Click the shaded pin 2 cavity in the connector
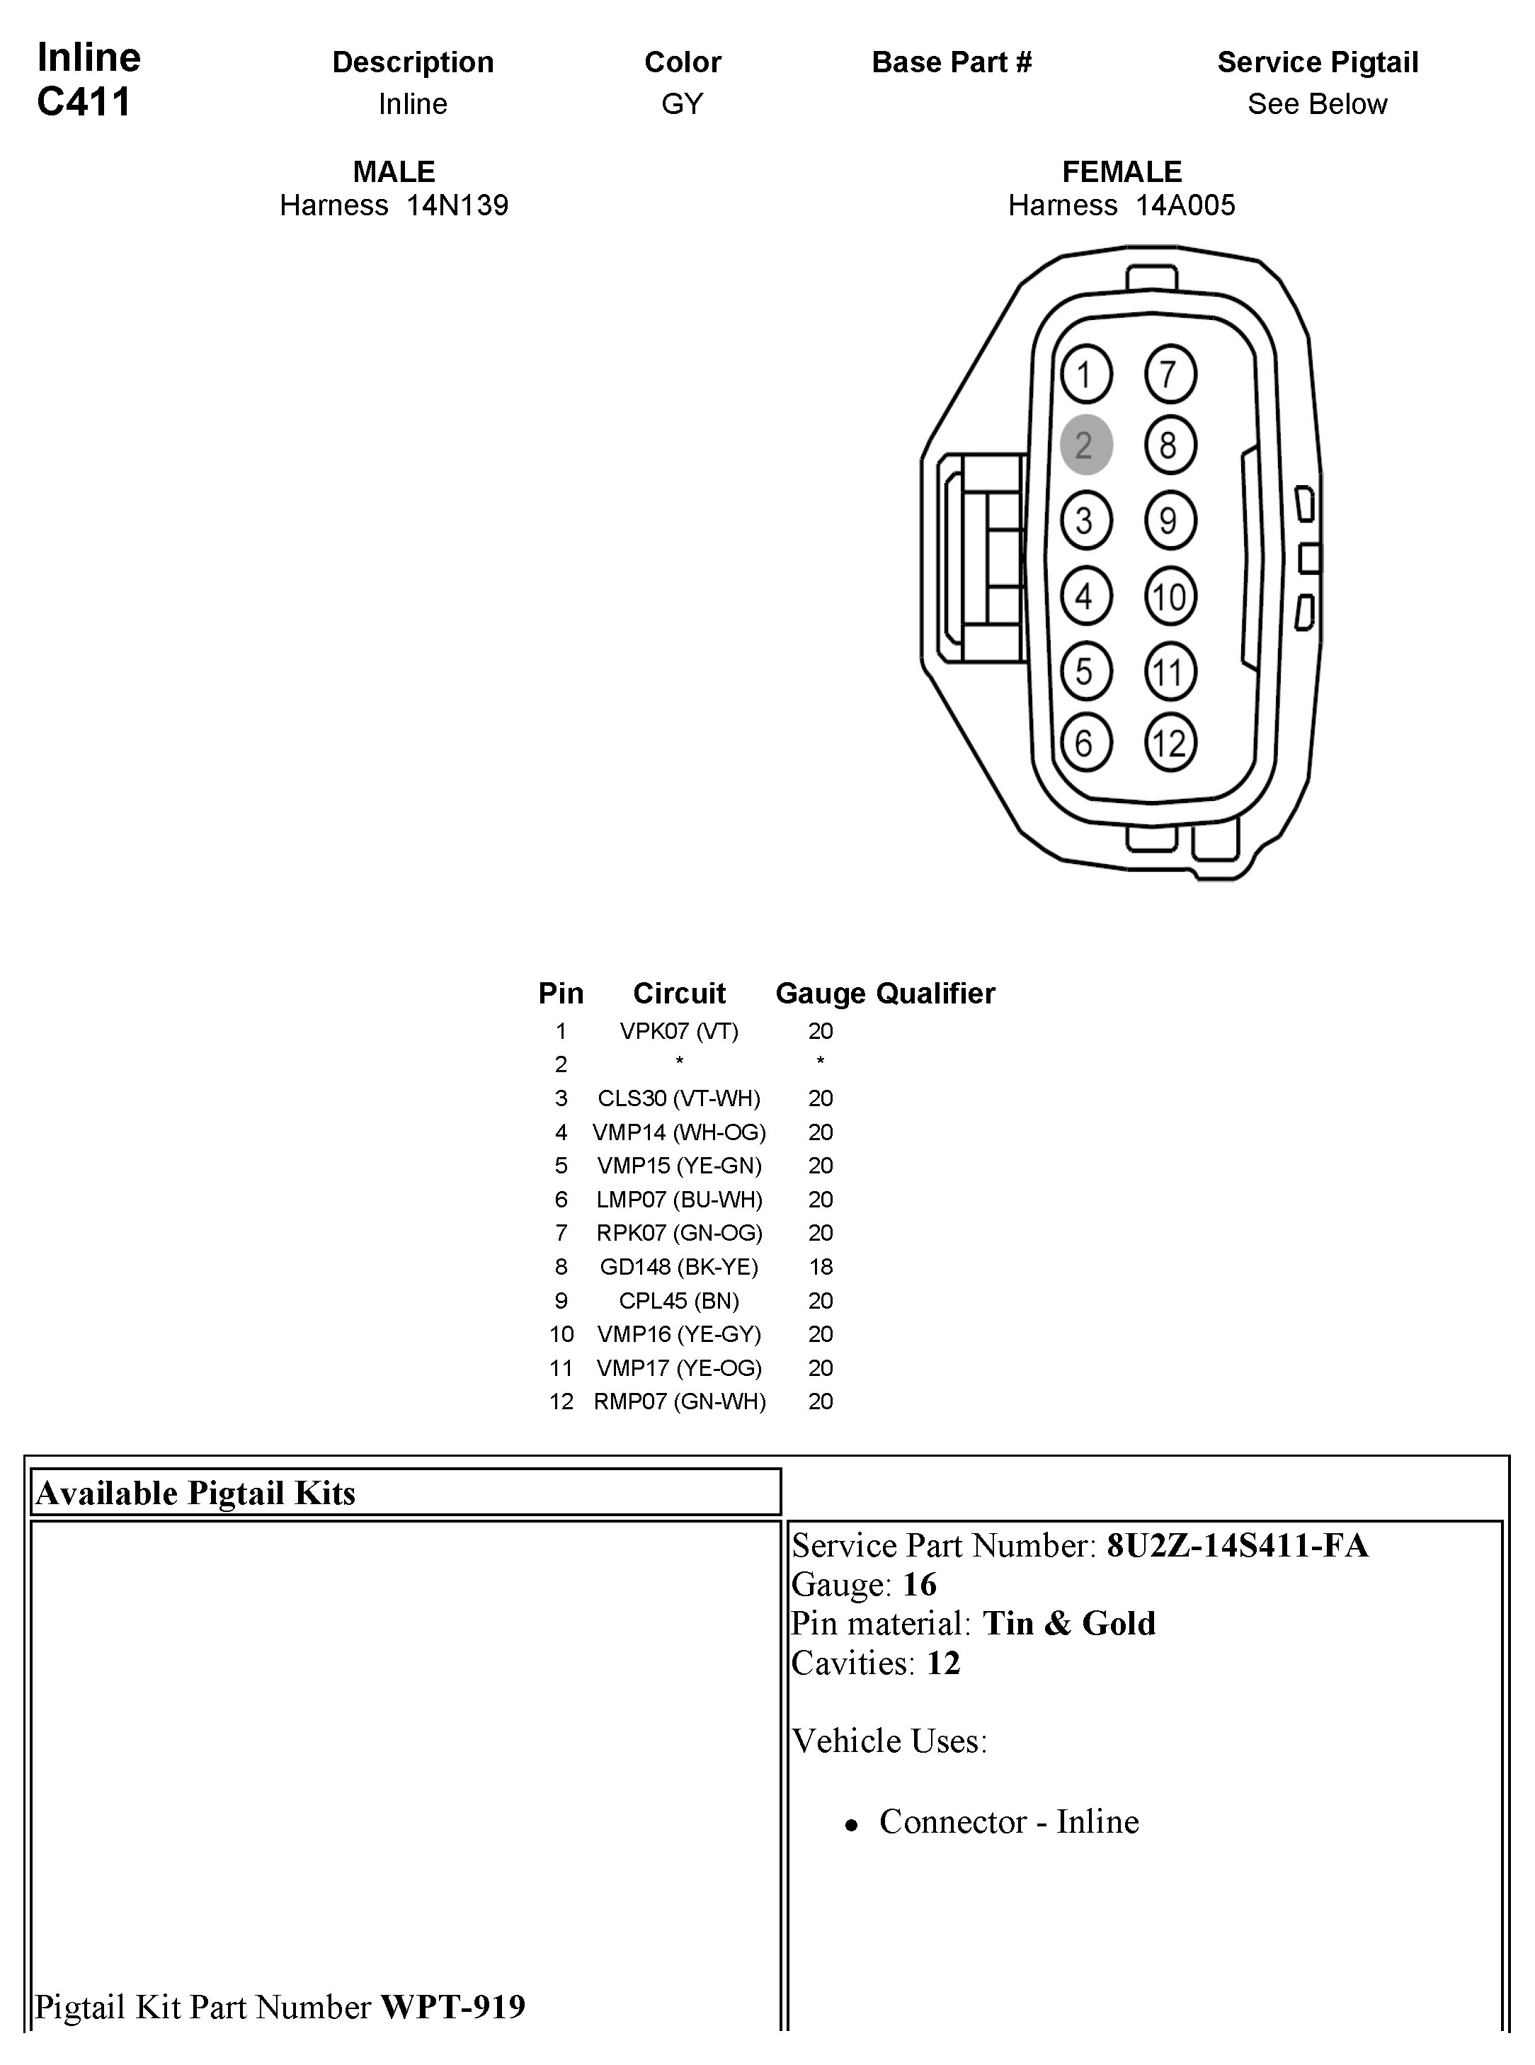[1085, 445]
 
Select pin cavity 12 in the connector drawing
[1170, 743]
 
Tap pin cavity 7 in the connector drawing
[1170, 375]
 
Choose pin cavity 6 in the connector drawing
[1085, 743]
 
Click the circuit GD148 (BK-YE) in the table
[678, 1267]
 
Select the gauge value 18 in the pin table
[821, 1267]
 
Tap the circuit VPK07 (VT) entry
[678, 1030]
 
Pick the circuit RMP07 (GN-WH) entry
[679, 1401]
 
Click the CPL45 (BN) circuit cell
[678, 1300]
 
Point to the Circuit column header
[678, 994]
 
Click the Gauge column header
[821, 994]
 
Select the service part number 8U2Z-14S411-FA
[1237, 1545]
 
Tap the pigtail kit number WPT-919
[452, 2008]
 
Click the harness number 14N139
[457, 205]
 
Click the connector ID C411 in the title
[84, 102]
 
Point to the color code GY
[682, 104]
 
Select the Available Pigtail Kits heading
[196, 1494]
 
